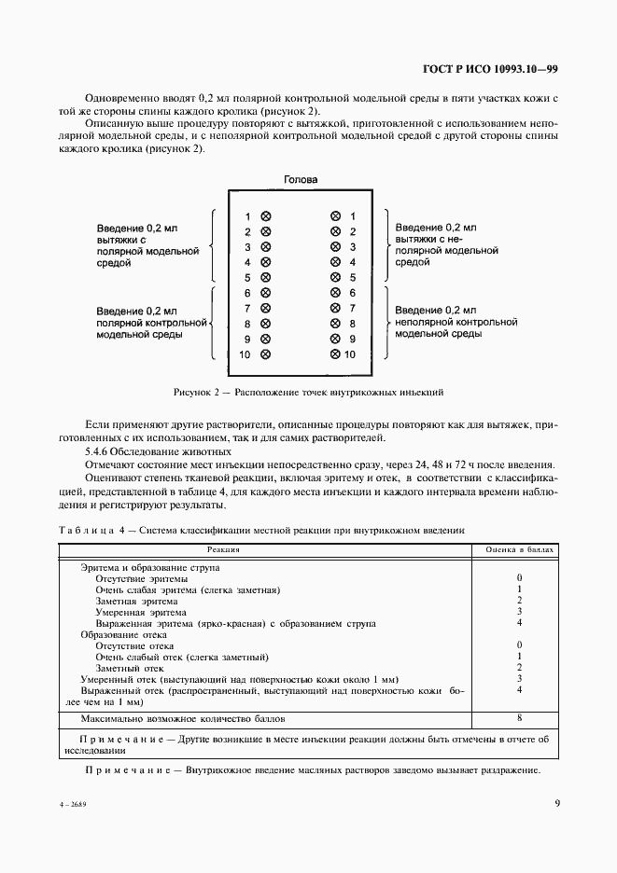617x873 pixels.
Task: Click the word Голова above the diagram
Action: point(301,179)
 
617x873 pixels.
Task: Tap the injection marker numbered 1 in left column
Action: point(265,216)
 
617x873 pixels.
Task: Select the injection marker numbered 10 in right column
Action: point(335,354)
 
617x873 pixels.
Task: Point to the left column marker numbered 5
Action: point(265,278)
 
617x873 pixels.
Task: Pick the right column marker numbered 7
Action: point(335,309)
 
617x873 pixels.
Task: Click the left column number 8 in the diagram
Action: point(247,324)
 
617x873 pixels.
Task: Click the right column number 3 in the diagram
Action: point(353,247)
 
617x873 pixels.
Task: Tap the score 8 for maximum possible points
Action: point(518,718)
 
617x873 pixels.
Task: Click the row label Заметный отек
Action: point(130,668)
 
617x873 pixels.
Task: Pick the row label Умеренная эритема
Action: point(134,612)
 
